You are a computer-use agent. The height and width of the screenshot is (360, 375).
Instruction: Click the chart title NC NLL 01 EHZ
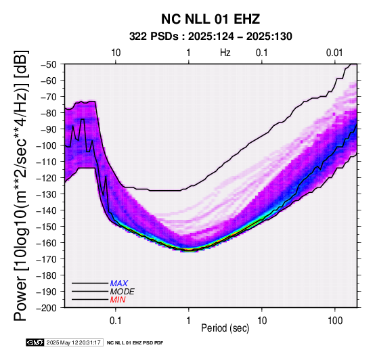click(x=211, y=19)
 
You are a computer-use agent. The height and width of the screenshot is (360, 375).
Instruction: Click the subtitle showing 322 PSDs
click(x=211, y=37)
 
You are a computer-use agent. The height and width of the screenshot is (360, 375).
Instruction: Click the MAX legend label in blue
click(x=119, y=284)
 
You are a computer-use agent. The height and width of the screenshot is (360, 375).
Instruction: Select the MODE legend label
click(x=123, y=292)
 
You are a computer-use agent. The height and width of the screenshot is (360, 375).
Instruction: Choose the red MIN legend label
click(x=118, y=300)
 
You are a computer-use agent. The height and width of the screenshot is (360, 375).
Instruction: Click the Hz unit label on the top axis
click(x=225, y=53)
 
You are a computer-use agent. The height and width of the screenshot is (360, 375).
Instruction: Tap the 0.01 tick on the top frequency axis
click(x=334, y=53)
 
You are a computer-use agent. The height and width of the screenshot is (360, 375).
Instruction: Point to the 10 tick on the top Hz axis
click(x=116, y=53)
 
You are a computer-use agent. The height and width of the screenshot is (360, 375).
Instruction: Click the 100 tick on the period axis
click(x=335, y=321)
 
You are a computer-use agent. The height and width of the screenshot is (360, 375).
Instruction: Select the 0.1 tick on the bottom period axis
click(x=116, y=321)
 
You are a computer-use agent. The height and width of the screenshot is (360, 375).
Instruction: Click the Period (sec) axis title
click(x=225, y=328)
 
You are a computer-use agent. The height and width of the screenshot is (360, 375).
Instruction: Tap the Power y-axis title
click(x=20, y=185)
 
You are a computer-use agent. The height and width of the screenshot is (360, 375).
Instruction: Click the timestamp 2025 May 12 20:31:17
click(x=73, y=343)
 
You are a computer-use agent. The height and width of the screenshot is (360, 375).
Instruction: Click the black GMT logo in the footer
click(x=35, y=343)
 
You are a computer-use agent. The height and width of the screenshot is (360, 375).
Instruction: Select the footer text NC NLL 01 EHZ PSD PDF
click(x=135, y=343)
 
